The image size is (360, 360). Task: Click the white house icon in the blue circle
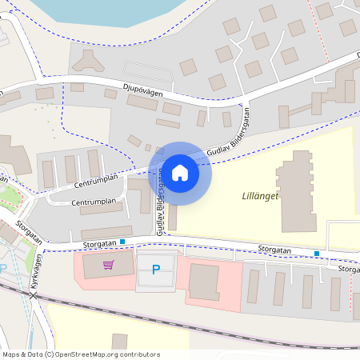[180, 172]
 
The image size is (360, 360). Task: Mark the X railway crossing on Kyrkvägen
[34, 297]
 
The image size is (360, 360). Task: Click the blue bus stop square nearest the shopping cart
[122, 241]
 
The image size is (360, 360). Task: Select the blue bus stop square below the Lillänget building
[318, 254]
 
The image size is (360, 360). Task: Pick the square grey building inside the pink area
[204, 282]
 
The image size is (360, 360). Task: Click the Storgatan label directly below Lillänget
[274, 250]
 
